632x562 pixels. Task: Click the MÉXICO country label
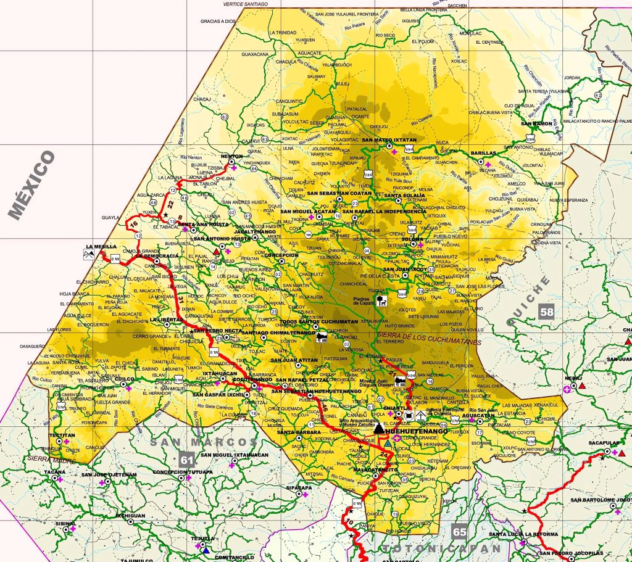coord(32,185)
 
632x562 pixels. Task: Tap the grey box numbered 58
coord(547,312)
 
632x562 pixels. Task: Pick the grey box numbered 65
coord(459,531)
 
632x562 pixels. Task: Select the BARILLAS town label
coord(483,152)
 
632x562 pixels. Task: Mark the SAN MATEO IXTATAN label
coord(389,140)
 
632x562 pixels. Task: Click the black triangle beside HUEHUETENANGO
coord(378,427)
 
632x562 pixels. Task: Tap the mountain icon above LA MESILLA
coord(89,253)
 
